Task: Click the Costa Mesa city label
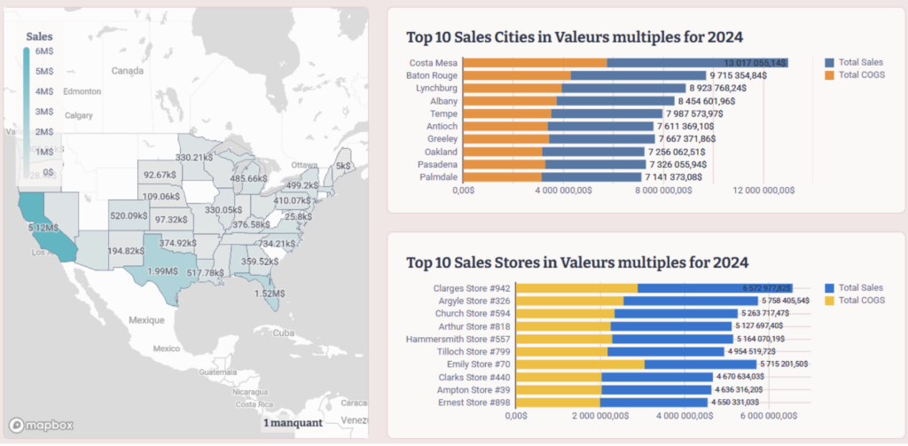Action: tap(433, 63)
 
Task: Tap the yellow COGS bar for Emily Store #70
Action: tap(580, 364)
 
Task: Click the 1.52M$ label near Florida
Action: tap(269, 293)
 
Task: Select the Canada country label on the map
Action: tap(128, 70)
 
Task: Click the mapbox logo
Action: tap(35, 423)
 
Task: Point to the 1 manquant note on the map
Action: tap(293, 423)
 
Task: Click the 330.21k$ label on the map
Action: tap(194, 157)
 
